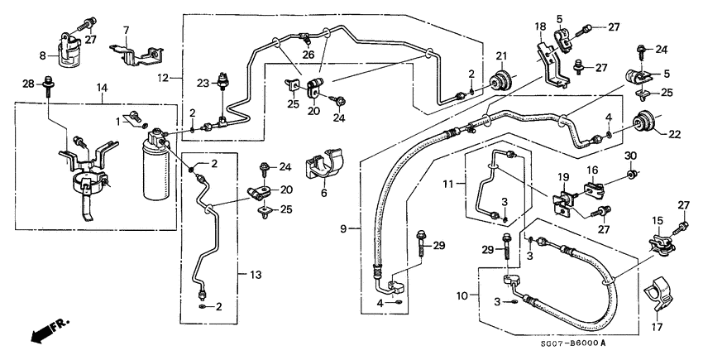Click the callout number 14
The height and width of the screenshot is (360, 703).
tap(103, 88)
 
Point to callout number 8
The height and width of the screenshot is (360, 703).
tap(44, 56)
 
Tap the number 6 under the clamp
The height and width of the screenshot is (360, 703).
tap(323, 193)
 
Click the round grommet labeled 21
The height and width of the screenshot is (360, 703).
tap(500, 83)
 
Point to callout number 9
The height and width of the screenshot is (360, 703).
tap(344, 227)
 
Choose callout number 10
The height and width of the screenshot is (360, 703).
tap(461, 295)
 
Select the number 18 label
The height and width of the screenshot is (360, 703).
tap(539, 27)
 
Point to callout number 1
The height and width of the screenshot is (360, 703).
tap(117, 121)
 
